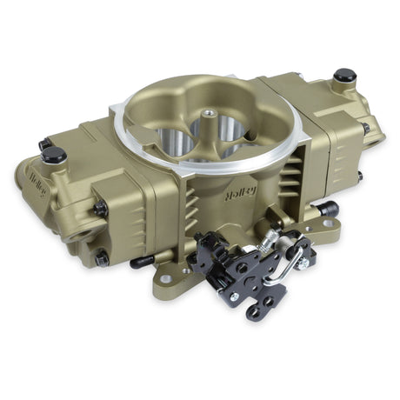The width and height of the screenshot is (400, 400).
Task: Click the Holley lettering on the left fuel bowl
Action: pyautogui.click(x=38, y=186)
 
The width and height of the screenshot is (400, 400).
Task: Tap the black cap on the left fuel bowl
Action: pyautogui.click(x=54, y=155)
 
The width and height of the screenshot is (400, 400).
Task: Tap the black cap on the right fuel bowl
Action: pyautogui.click(x=345, y=76)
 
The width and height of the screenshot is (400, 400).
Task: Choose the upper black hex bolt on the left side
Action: pyautogui.click(x=101, y=209)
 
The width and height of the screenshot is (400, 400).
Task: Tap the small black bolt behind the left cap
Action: pyautogui.click(x=43, y=143)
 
